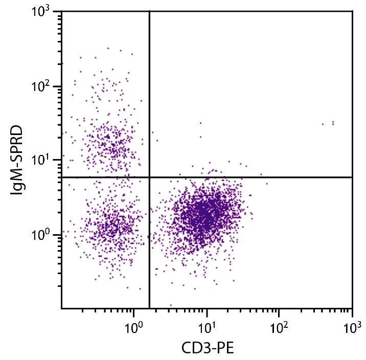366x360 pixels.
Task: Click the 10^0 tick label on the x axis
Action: [x=134, y=326]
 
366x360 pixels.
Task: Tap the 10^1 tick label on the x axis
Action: [x=207, y=326]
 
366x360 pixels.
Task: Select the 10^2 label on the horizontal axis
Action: [x=279, y=326]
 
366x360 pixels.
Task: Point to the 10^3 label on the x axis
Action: [x=351, y=326]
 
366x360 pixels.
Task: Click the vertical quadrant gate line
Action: [x=149, y=102]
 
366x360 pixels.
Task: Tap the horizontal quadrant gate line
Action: [x=256, y=177]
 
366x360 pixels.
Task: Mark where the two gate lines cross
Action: [x=149, y=177]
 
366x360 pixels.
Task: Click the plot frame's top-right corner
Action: [x=352, y=12]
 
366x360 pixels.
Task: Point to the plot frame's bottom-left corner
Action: [x=61, y=308]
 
